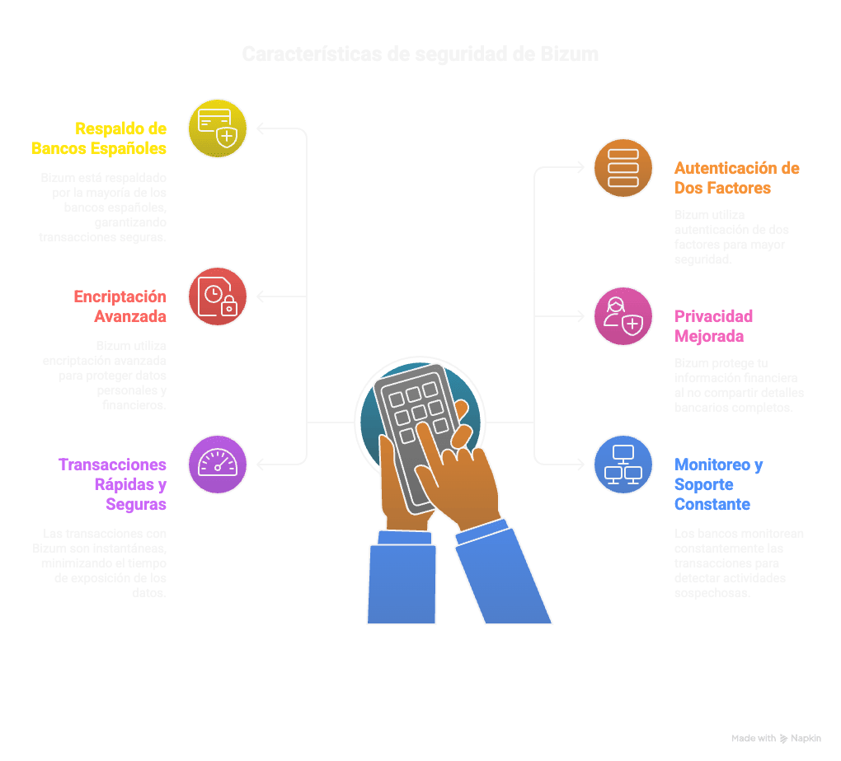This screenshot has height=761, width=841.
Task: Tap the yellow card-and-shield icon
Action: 218,128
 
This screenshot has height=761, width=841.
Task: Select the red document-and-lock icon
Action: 218,296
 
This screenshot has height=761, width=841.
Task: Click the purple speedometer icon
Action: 218,465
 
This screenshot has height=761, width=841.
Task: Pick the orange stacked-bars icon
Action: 623,168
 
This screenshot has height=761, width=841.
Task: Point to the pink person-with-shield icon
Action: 623,316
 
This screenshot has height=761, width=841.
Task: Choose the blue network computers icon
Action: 623,465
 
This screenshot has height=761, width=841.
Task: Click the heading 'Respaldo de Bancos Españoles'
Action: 99,138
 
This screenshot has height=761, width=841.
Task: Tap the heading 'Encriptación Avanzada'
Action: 120,306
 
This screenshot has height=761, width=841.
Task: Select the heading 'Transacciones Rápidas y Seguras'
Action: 113,484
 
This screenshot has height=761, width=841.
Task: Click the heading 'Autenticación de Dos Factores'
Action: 736,178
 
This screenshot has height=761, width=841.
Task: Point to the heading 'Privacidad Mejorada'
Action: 713,326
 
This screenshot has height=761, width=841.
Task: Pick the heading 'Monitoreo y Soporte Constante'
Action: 717,484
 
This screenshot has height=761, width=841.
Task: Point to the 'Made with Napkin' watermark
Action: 776,739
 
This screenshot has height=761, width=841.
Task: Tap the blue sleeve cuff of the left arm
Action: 403,537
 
